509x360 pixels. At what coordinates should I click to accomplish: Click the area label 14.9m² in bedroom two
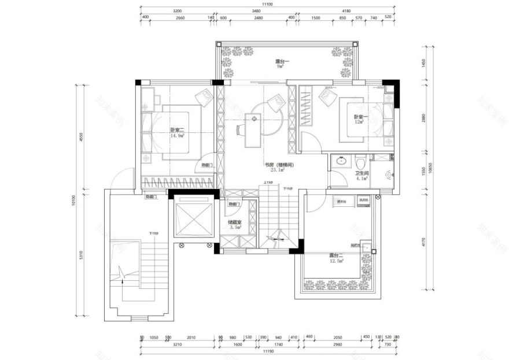click(176, 137)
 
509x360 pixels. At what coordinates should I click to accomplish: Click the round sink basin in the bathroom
click(341, 161)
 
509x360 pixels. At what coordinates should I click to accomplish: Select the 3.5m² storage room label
click(235, 228)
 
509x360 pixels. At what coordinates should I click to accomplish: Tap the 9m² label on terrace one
click(281, 66)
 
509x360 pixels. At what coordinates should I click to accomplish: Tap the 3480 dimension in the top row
click(256, 11)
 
